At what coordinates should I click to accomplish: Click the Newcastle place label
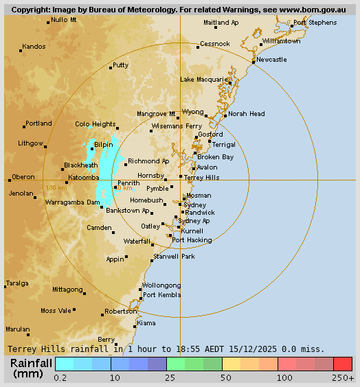[x=271, y=60]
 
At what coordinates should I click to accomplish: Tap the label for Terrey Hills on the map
[x=202, y=177]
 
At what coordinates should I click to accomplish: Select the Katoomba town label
[x=84, y=177]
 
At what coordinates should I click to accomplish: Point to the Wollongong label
[x=161, y=285]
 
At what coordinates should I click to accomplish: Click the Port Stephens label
[x=315, y=23]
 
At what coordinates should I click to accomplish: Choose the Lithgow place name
[x=30, y=143]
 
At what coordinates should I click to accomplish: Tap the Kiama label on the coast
[x=146, y=322]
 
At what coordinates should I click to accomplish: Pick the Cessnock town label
[x=214, y=44]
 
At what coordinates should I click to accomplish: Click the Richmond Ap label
[x=148, y=161]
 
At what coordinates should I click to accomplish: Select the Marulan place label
[x=18, y=329]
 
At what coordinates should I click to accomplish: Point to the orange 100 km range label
[x=56, y=187]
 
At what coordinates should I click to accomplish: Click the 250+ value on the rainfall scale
[x=344, y=377]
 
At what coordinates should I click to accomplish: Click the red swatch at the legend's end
[x=343, y=364]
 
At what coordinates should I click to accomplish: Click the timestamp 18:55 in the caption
[x=190, y=349]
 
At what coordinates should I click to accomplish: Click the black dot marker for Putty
[x=111, y=68]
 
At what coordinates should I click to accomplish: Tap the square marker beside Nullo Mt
[x=48, y=23]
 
